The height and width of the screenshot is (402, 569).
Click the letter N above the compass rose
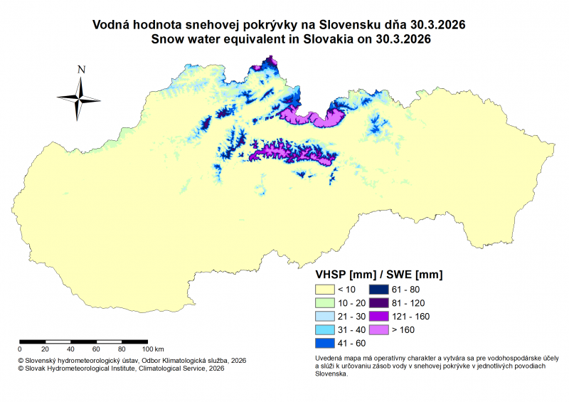point(82,70)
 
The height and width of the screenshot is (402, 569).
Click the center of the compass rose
point(80,98)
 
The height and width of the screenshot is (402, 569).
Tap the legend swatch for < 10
point(324,290)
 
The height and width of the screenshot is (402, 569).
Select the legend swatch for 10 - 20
point(324,303)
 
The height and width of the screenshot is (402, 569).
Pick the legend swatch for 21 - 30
point(324,317)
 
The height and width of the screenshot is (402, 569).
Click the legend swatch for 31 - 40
point(324,330)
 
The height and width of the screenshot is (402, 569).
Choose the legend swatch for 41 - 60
point(324,344)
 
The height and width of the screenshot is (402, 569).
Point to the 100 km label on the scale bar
point(154,349)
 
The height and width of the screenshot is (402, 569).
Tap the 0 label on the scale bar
point(20,349)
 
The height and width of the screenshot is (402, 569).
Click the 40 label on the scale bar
point(70,349)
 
